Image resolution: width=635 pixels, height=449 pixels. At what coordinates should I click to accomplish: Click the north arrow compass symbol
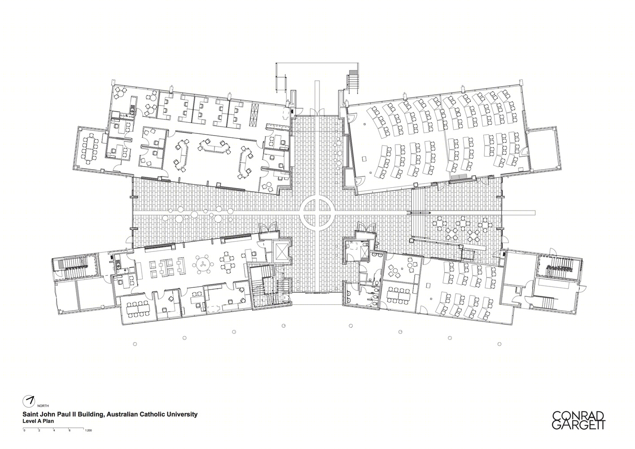29,401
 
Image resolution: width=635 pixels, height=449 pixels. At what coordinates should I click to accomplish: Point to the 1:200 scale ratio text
88,430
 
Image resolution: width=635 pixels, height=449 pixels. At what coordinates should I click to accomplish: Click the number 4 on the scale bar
54,430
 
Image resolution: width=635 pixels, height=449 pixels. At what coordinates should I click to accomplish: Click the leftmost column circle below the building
135,344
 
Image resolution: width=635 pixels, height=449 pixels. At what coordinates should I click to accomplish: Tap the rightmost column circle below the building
499,344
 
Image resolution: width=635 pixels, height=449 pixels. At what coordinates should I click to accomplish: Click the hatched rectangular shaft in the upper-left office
254,114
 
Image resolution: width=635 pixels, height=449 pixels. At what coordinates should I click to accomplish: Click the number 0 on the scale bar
25,430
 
